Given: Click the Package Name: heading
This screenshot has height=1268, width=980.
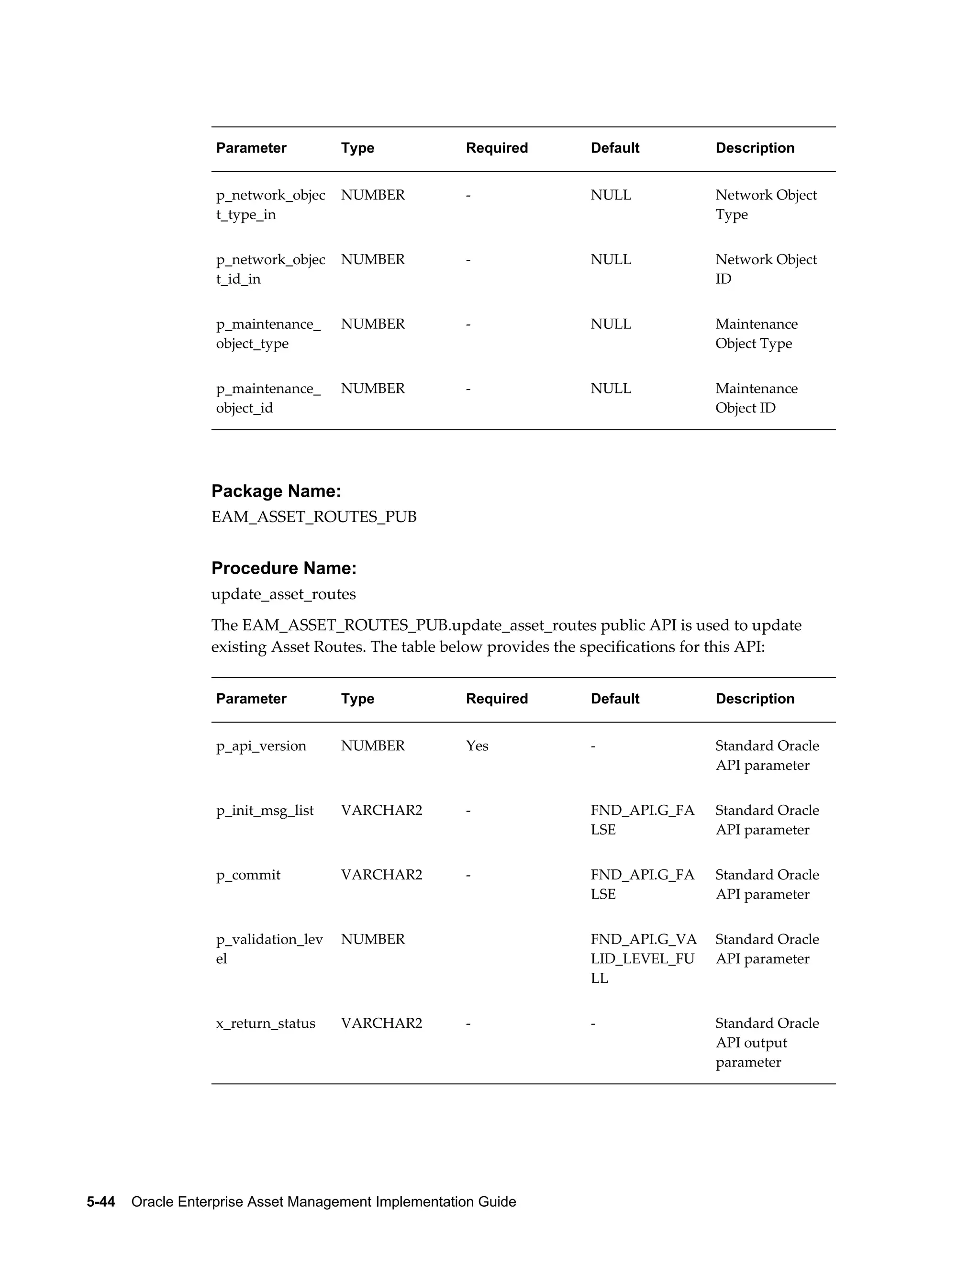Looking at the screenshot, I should point(276,491).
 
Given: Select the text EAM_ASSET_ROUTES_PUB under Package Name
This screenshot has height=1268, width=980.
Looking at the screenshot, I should point(313,517).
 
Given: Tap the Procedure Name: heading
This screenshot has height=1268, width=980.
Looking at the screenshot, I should point(283,568).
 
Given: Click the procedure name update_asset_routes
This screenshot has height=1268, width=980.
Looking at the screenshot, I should point(283,594).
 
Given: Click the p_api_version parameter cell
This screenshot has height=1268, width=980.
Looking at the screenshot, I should point(261,745).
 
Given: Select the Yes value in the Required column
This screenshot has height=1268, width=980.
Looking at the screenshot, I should point(477,745).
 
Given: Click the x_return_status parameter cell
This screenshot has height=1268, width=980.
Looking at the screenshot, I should point(265,1023).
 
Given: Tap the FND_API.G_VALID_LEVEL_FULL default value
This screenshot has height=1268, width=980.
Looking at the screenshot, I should point(643,958).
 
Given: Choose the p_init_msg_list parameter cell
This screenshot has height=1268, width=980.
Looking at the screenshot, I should point(265,810).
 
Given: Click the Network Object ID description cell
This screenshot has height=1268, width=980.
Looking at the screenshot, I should point(765,269).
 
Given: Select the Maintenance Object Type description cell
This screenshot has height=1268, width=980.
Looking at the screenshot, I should point(756,333).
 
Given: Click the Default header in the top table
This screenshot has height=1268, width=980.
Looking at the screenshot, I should point(615,148).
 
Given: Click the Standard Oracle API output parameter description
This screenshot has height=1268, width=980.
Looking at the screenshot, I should point(767,1042).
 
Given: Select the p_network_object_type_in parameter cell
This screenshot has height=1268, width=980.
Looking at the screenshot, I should point(270,204).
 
